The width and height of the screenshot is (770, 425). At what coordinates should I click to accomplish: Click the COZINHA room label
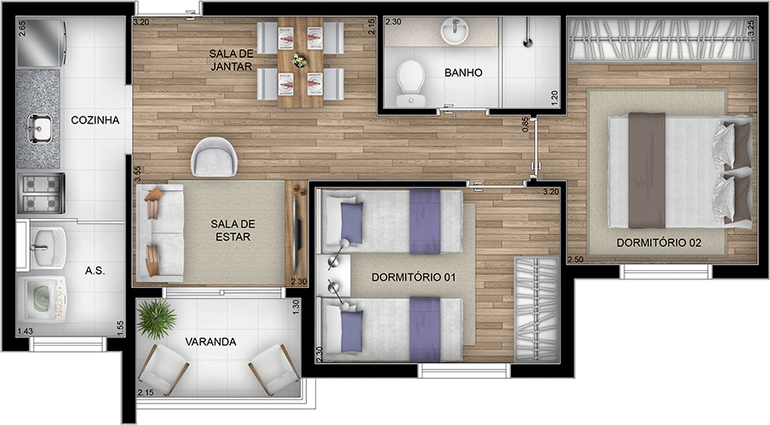(95, 120)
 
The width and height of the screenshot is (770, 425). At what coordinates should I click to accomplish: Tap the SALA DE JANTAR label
(231, 60)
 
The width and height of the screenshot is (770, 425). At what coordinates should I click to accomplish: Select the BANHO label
(463, 72)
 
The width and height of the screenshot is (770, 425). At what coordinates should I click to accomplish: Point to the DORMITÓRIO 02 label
(658, 243)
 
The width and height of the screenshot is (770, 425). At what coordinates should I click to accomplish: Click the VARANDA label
(210, 342)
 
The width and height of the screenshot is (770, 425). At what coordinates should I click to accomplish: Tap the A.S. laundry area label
(95, 270)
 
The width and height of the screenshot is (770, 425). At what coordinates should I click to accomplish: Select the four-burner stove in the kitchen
(41, 192)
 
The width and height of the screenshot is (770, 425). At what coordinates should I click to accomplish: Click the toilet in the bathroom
(411, 83)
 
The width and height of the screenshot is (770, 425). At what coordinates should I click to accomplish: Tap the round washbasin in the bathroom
(455, 31)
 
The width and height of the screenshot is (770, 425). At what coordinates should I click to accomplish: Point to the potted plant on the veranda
(156, 319)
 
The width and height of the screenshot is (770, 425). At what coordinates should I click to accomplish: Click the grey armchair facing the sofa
(214, 157)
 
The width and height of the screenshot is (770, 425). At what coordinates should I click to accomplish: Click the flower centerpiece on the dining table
(299, 60)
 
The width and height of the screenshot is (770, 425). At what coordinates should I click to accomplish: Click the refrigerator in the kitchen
(41, 43)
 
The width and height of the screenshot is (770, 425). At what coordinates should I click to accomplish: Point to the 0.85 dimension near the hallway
(526, 124)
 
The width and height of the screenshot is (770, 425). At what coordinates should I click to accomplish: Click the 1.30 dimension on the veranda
(296, 307)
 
